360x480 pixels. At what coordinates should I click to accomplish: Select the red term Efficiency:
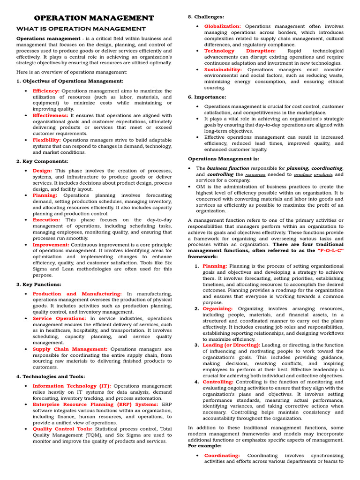46,91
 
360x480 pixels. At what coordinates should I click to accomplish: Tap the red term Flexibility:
47,140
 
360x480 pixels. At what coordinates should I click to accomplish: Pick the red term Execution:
46,219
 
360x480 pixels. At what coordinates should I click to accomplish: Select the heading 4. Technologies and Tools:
51,376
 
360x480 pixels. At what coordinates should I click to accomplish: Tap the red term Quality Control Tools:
62,428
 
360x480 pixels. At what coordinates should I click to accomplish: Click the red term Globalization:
222,26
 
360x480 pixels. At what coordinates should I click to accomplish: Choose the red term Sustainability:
223,69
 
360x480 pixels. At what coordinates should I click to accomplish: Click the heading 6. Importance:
207,97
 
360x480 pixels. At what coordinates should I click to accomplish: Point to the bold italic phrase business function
228,168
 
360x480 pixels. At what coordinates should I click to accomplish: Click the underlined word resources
255,174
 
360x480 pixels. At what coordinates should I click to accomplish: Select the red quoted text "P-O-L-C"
330,251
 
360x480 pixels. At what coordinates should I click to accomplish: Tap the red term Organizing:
217,308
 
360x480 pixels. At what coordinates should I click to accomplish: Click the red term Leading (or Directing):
231,345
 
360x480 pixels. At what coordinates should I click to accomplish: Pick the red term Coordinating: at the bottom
222,455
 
